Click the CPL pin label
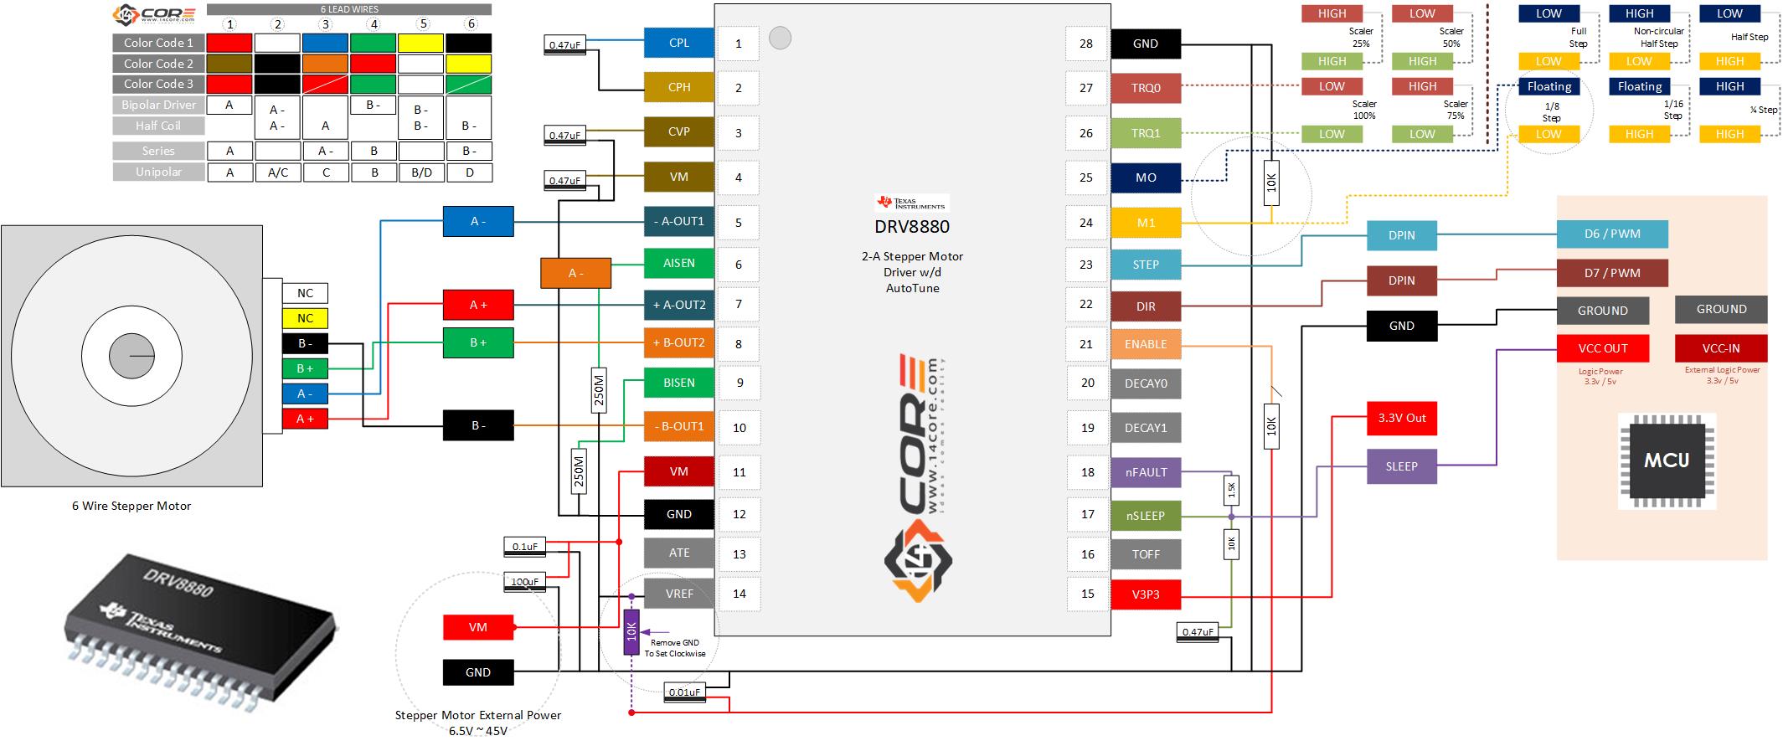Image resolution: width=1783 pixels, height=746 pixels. point(678,43)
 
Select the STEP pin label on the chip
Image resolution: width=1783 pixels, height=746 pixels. point(1145,265)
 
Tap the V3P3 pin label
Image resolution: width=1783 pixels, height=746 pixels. point(1145,594)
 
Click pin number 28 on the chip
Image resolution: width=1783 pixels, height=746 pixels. point(1085,44)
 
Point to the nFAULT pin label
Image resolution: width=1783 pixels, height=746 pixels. point(1145,472)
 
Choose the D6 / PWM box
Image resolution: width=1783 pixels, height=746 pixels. point(1612,234)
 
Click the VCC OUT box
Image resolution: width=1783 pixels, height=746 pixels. point(1602,348)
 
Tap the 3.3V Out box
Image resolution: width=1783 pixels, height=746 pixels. point(1401,418)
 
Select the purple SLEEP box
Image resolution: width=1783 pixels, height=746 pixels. point(1401,466)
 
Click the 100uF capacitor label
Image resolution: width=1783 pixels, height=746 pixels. point(525,581)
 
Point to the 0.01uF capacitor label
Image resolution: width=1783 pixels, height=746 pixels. point(685,692)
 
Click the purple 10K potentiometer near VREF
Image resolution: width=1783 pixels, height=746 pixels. point(631,631)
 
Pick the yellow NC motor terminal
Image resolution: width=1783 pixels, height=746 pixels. point(305,318)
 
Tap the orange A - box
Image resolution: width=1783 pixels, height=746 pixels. point(575,273)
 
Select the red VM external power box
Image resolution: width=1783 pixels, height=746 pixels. point(477,627)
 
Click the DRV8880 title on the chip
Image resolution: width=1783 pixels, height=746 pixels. point(912,226)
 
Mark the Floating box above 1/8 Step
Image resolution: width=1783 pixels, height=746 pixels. point(1549,86)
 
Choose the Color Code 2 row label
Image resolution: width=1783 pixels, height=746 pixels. point(158,64)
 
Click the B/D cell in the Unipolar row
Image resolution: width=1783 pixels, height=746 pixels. point(421,172)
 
